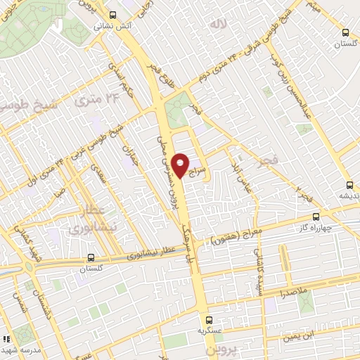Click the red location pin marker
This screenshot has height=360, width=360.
[181, 164]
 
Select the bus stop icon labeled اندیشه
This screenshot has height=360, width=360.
[345, 186]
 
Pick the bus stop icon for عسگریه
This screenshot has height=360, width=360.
[202, 320]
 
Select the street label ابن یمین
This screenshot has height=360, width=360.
[300, 336]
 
